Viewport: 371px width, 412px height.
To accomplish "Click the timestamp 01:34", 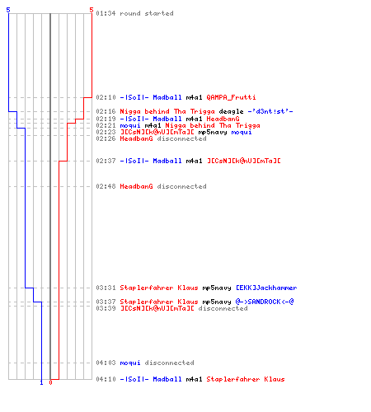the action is pos(106,13).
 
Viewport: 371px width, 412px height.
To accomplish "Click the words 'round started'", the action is pos(147,13).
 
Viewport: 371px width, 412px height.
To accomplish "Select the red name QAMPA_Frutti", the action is pos(231,97).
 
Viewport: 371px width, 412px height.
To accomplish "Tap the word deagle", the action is pos(231,111).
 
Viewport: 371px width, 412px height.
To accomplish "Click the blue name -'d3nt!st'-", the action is pos(270,111).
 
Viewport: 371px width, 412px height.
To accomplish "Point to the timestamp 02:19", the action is pos(106,119).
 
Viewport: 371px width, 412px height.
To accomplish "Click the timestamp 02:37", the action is pos(106,161).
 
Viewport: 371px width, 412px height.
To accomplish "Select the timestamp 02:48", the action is pos(106,186).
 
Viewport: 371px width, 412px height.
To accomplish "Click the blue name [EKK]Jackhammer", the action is pos(266,288).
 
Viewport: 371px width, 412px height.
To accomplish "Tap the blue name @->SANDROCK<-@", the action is pos(265,302).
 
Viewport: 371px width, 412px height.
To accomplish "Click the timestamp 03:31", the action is pos(106,288).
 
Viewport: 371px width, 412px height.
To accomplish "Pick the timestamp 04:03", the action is pos(106,363).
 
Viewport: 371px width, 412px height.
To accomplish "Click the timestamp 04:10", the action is pos(106,379).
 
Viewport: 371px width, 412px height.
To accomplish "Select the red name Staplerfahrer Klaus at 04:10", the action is pos(246,379).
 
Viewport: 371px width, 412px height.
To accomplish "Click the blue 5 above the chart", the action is pos(8,10).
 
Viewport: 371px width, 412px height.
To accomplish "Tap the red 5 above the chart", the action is pos(92,10).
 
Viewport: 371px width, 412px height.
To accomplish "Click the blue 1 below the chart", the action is pos(41,383).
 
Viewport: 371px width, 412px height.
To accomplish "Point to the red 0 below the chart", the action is pos(50,382).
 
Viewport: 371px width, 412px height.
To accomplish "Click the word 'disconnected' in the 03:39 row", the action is pos(223,308).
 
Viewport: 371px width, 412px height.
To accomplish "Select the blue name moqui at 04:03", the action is pos(130,363).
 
